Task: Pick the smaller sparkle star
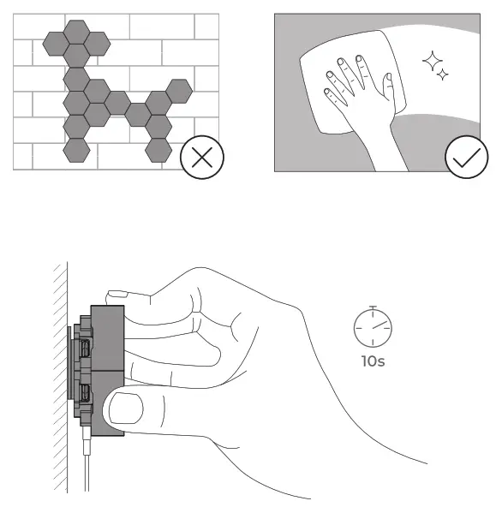point(442,76)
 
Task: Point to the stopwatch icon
point(372,325)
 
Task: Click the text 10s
point(372,361)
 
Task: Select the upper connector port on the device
point(87,349)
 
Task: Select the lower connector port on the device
point(87,393)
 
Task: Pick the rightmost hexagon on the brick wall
point(180,88)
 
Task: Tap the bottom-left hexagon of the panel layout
point(77,150)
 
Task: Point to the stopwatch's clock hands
point(374,325)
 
